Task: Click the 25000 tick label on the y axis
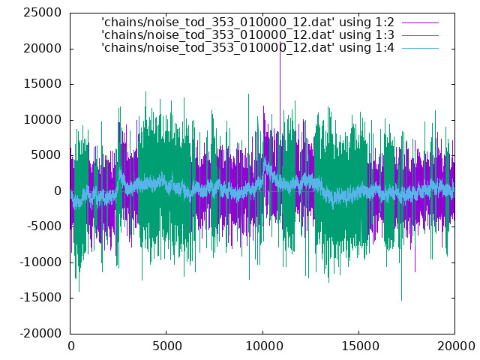point(43,13)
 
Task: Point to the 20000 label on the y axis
point(43,49)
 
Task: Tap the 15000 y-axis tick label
point(43,84)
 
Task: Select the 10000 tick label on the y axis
point(43,120)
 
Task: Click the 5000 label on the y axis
point(46,155)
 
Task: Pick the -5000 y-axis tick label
point(44,226)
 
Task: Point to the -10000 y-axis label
point(40,262)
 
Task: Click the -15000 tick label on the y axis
point(40,298)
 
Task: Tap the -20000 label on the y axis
point(40,334)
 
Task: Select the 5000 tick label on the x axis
point(166,346)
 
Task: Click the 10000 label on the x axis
point(265,346)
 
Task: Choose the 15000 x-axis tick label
point(360,346)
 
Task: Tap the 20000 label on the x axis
point(456,346)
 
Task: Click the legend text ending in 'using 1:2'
point(248,22)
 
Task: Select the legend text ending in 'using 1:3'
point(248,35)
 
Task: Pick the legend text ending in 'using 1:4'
point(248,48)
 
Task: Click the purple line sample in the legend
point(420,22)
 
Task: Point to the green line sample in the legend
point(420,35)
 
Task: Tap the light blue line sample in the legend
point(420,48)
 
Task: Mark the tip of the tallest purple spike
point(280,42)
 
